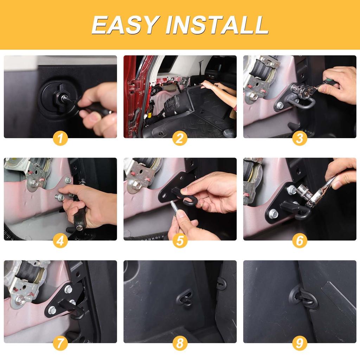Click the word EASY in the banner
click(126, 25)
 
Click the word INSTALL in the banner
click(217, 25)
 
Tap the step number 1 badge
click(60, 139)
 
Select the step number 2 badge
click(180, 139)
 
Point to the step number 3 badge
click(300, 139)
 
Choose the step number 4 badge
click(60, 241)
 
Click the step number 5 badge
click(180, 241)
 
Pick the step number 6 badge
click(300, 241)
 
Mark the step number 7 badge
click(60, 343)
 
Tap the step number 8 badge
click(180, 343)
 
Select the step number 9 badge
click(300, 343)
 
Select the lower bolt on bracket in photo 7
click(52, 310)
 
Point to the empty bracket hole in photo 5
click(164, 196)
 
